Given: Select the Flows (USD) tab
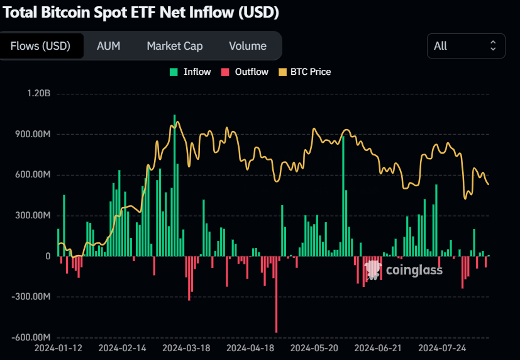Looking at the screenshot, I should point(40,46).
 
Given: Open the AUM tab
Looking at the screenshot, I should point(108,46).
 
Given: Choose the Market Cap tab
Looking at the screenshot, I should point(174,46).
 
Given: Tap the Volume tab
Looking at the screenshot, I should point(247,46).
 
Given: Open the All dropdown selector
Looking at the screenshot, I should point(465,46).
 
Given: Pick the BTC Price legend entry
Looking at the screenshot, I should point(304,72).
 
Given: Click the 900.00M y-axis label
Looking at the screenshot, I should point(32,134).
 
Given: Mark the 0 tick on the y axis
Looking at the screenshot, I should point(47,256).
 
